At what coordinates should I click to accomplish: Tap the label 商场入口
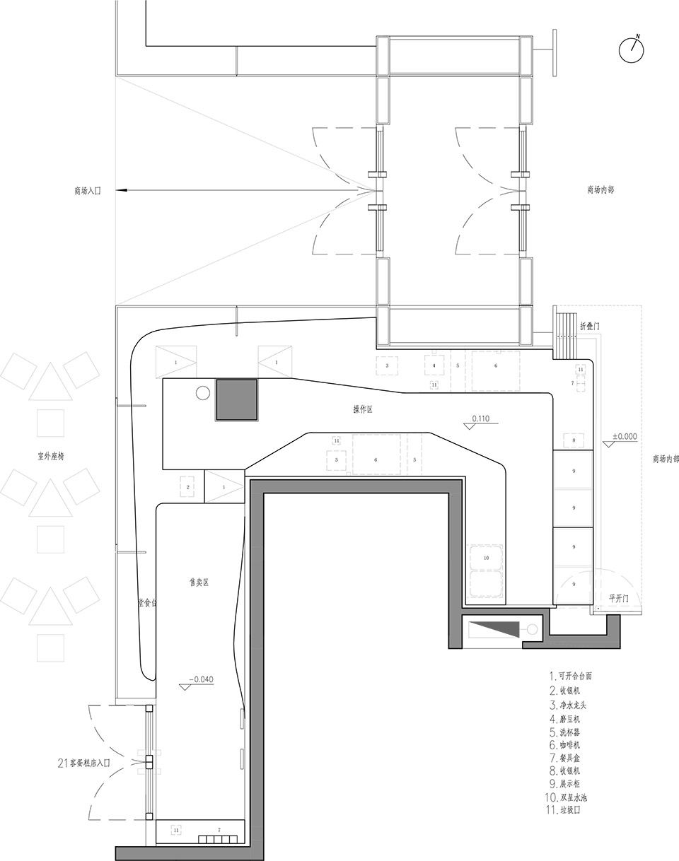coord(88,191)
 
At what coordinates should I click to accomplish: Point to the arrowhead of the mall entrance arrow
coord(121,191)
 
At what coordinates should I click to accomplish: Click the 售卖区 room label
coord(199,582)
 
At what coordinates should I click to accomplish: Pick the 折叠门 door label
coord(591,327)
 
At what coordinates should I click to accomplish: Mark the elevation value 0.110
coord(480,419)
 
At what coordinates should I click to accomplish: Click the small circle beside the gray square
coord(202,393)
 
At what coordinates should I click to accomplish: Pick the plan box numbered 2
coord(188,487)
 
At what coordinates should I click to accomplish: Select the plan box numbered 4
coord(434,365)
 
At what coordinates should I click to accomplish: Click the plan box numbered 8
coord(574,441)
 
